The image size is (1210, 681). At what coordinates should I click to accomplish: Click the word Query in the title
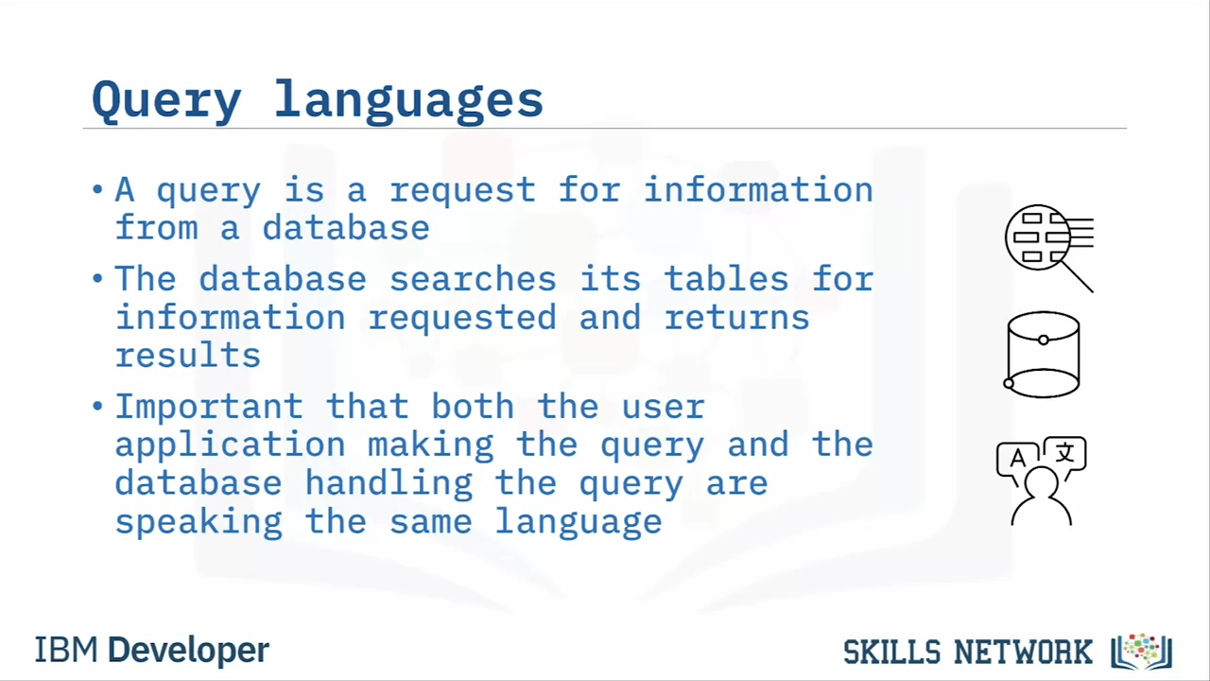click(x=166, y=101)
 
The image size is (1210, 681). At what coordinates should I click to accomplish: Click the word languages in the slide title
click(x=408, y=101)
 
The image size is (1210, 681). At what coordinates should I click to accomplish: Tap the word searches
click(x=473, y=279)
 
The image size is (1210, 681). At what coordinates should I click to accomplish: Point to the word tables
click(x=726, y=279)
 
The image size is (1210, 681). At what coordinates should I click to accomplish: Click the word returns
click(x=736, y=318)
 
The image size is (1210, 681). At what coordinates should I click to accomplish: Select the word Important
click(x=209, y=406)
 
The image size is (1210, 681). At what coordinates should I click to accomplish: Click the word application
click(x=230, y=445)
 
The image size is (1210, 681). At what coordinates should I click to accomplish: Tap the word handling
click(x=389, y=483)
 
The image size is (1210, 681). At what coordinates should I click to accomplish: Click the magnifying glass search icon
click(x=1049, y=248)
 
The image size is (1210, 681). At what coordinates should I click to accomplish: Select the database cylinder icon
click(x=1042, y=355)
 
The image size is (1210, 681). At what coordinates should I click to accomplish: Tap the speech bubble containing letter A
click(x=1017, y=460)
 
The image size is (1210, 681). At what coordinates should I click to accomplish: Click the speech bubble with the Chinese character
click(x=1065, y=455)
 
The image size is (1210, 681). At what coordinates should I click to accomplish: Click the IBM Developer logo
click(x=152, y=650)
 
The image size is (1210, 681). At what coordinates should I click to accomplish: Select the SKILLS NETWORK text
click(x=967, y=652)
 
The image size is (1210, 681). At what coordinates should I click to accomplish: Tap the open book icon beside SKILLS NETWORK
click(x=1141, y=652)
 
